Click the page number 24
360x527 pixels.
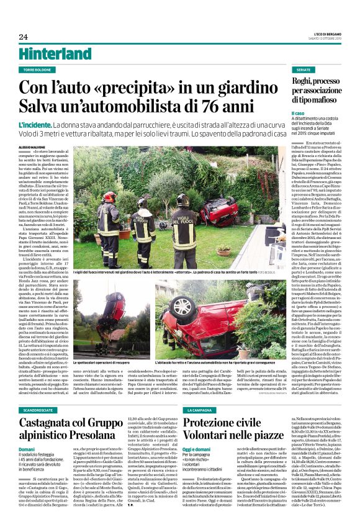23,36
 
